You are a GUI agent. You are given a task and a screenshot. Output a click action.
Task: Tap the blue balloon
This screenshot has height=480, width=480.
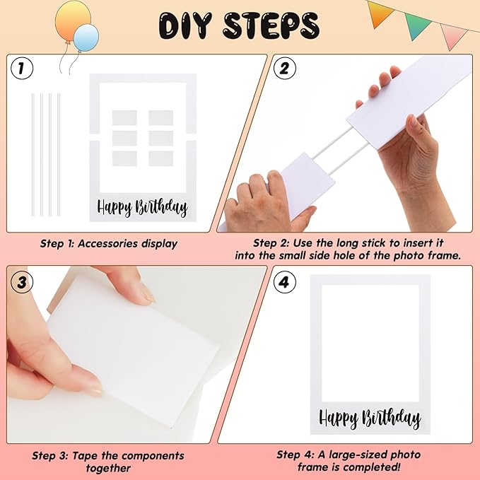(86, 37)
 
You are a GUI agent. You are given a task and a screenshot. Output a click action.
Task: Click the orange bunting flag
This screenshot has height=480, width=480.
(380, 11)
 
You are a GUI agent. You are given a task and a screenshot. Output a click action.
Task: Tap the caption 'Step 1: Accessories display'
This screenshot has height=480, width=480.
(108, 244)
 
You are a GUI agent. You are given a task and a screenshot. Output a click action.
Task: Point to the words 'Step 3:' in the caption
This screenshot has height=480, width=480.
(52, 455)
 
